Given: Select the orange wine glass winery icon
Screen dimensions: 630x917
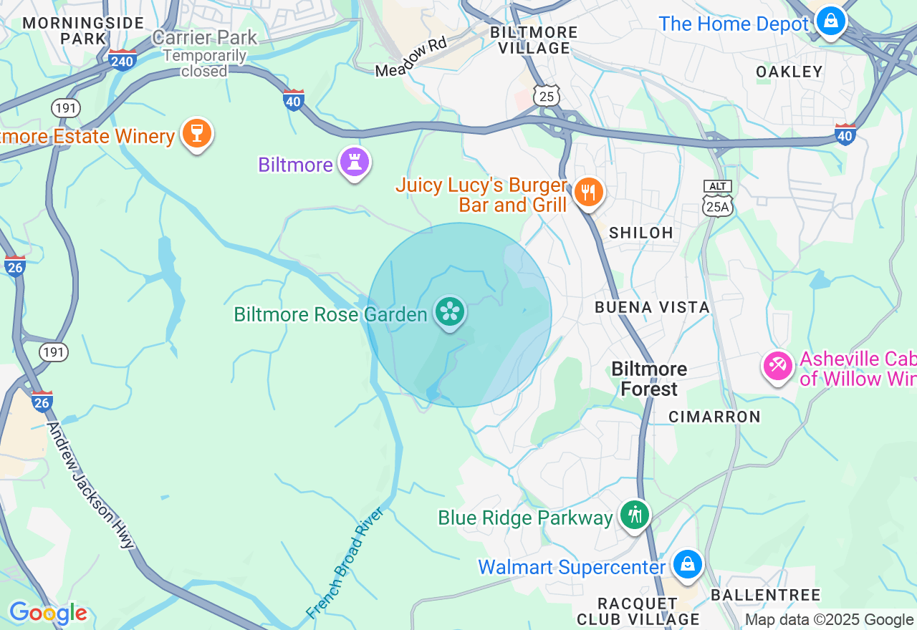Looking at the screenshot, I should pos(196,133).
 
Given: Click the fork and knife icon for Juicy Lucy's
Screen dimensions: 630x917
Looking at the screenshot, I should pos(588,192).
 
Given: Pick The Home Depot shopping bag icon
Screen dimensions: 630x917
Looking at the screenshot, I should pos(830,21).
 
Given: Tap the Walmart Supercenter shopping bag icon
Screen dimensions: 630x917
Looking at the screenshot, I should pos(688,565).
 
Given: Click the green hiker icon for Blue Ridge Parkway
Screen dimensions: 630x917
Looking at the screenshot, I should pos(634,515).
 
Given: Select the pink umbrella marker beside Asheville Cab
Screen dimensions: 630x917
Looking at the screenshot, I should pos(777,366).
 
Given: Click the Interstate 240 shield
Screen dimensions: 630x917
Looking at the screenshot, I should pos(123,60).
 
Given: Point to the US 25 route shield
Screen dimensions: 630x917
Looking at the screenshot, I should pos(547,96).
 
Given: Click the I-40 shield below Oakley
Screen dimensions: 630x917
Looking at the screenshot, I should pos(845,134).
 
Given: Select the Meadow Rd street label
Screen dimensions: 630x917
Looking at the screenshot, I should pos(411,57).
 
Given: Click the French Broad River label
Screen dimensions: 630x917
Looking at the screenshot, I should pos(345,563).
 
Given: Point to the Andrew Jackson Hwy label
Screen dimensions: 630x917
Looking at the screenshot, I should pos(90,485).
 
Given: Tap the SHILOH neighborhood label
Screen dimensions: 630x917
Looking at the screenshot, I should pos(640,233).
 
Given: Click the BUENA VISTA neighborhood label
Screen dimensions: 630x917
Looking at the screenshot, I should pos(652,307).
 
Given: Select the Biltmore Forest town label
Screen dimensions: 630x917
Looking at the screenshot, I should pos(649,379).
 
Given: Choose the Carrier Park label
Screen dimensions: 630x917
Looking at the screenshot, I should pos(205,37).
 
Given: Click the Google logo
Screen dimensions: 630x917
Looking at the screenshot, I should pos(47,613).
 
